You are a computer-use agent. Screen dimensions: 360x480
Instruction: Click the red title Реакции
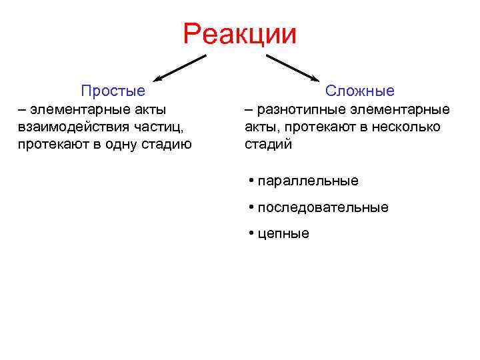(239, 33)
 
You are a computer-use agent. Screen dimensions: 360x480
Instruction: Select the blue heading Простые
(113, 91)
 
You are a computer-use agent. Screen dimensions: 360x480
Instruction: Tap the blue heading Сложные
(360, 91)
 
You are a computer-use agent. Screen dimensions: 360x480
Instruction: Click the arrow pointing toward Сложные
(293, 68)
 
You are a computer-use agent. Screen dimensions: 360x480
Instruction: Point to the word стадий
(268, 145)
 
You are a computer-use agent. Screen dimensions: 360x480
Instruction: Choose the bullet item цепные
(283, 234)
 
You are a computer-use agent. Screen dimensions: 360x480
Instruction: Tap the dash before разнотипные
(249, 109)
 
